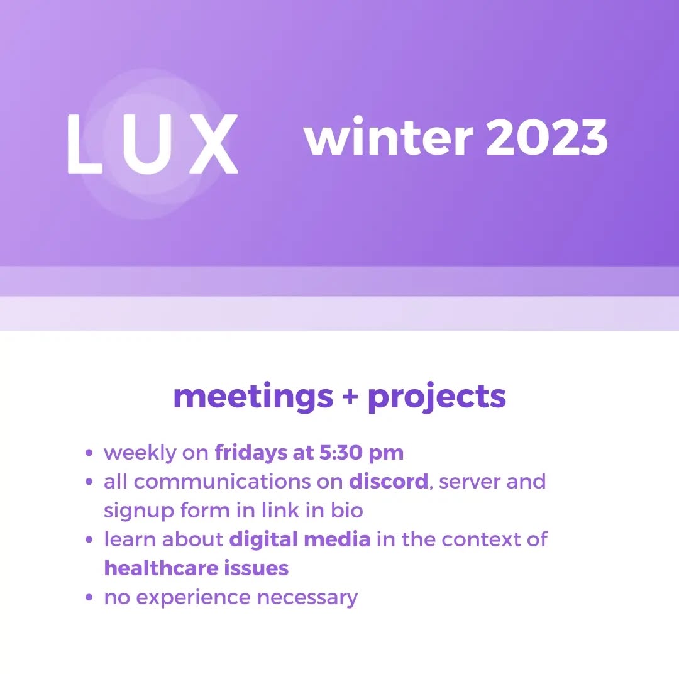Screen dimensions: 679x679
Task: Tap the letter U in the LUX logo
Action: [148, 144]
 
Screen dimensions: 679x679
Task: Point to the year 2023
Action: [547, 137]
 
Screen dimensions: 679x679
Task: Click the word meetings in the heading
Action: [253, 396]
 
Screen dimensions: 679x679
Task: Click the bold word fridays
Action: [251, 453]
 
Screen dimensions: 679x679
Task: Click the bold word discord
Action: [389, 481]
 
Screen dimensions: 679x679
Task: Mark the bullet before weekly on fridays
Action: [89, 453]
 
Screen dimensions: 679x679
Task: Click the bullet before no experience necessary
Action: [89, 598]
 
